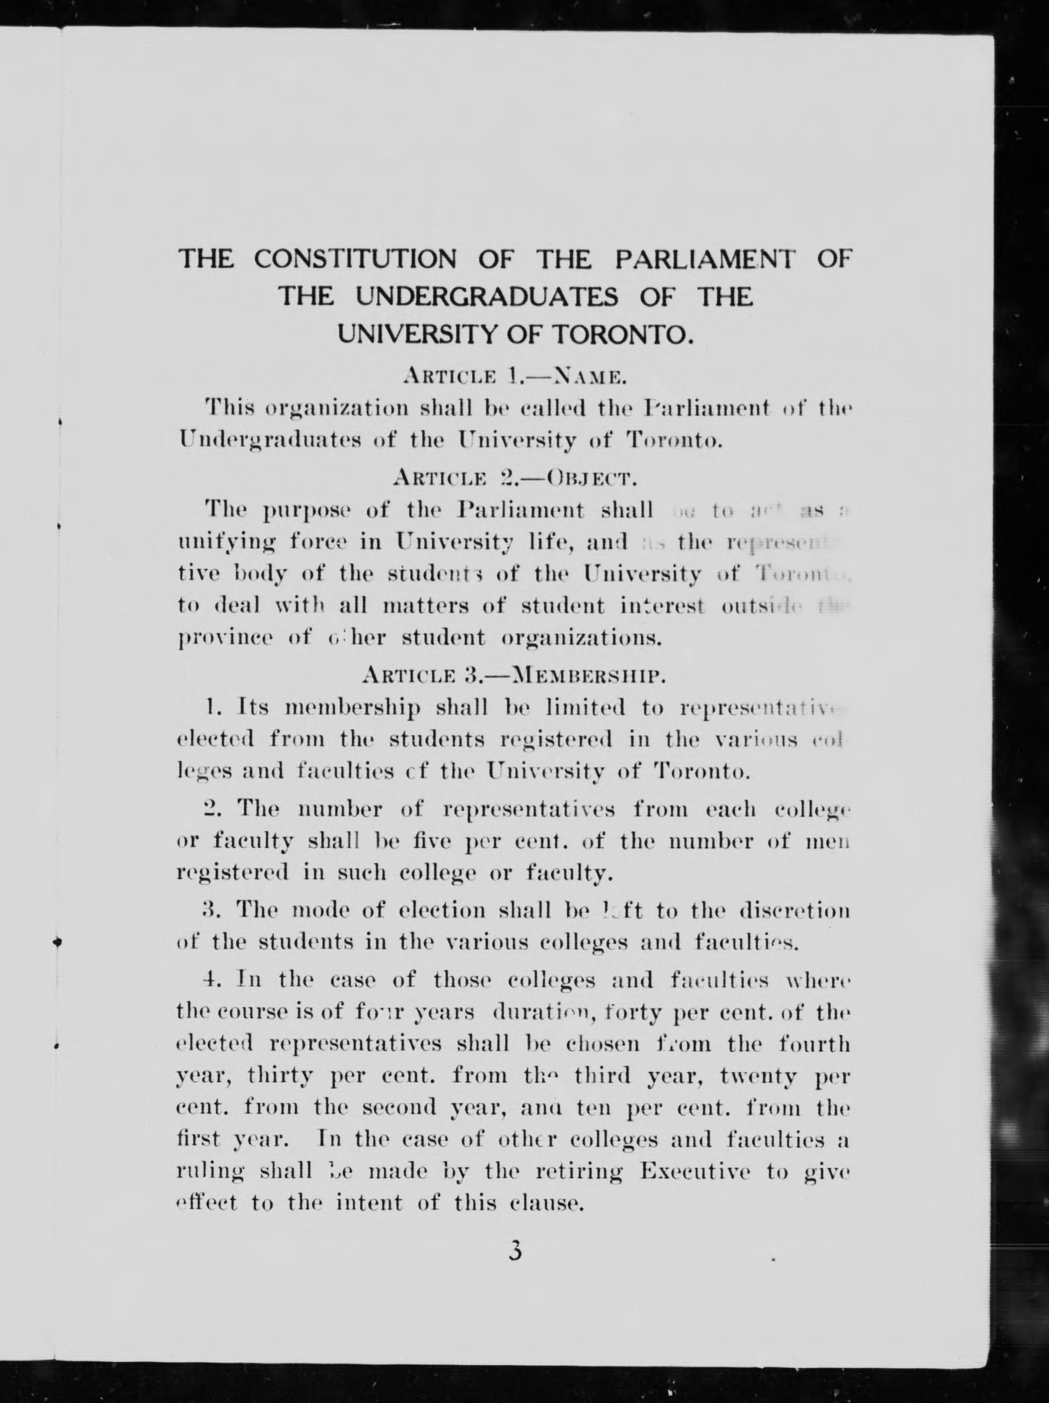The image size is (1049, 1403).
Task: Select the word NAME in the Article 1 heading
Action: pos(590,378)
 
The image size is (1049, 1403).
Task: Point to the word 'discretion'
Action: pos(794,911)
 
